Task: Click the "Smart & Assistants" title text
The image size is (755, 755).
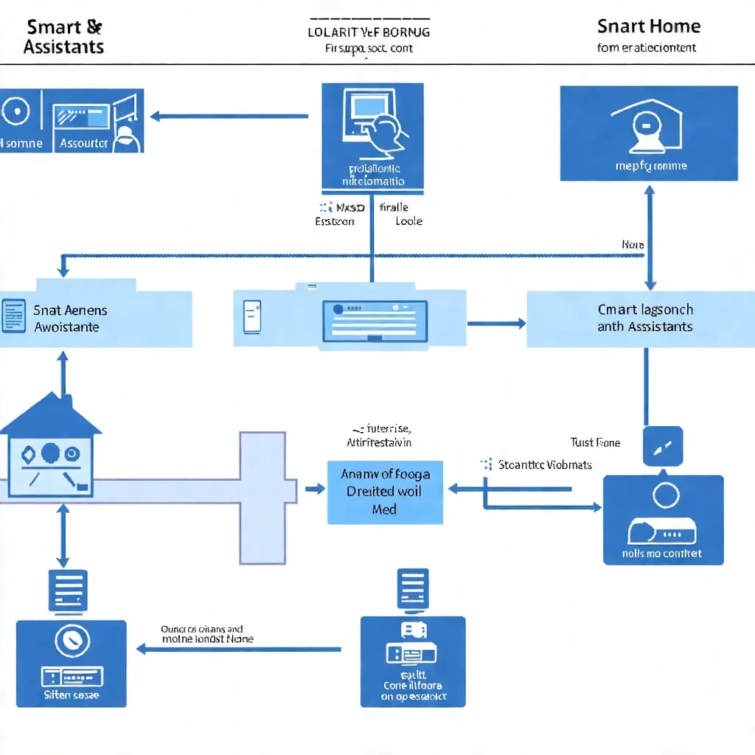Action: (x=63, y=37)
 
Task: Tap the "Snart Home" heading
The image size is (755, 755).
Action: (x=648, y=27)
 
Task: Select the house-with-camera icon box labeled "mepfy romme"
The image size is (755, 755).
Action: (x=649, y=133)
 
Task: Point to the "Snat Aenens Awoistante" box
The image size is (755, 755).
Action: (x=96, y=319)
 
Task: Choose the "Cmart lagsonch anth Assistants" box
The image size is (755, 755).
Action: (x=645, y=319)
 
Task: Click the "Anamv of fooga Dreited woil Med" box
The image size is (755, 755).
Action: (x=385, y=492)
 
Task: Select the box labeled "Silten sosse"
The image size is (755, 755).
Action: (x=72, y=663)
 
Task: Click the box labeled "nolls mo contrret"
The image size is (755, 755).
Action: (x=663, y=520)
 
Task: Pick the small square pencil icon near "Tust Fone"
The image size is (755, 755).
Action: (x=663, y=446)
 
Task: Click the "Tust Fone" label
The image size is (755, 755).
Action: (x=595, y=443)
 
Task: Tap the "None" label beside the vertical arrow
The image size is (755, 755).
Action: (x=632, y=245)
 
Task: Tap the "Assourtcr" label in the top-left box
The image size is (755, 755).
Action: (x=83, y=143)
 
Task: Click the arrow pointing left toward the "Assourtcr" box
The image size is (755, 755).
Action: (x=229, y=116)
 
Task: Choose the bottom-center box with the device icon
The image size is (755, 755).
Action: (x=413, y=661)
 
